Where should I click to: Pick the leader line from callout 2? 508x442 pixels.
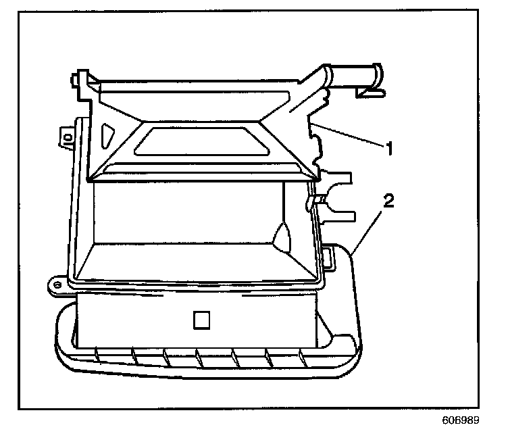(x=368, y=228)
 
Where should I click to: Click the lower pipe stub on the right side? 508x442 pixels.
(x=338, y=212)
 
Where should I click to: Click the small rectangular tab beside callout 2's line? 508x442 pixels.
(x=329, y=255)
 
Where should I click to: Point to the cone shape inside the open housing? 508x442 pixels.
(x=281, y=236)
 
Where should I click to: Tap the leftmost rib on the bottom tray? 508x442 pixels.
(x=99, y=353)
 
